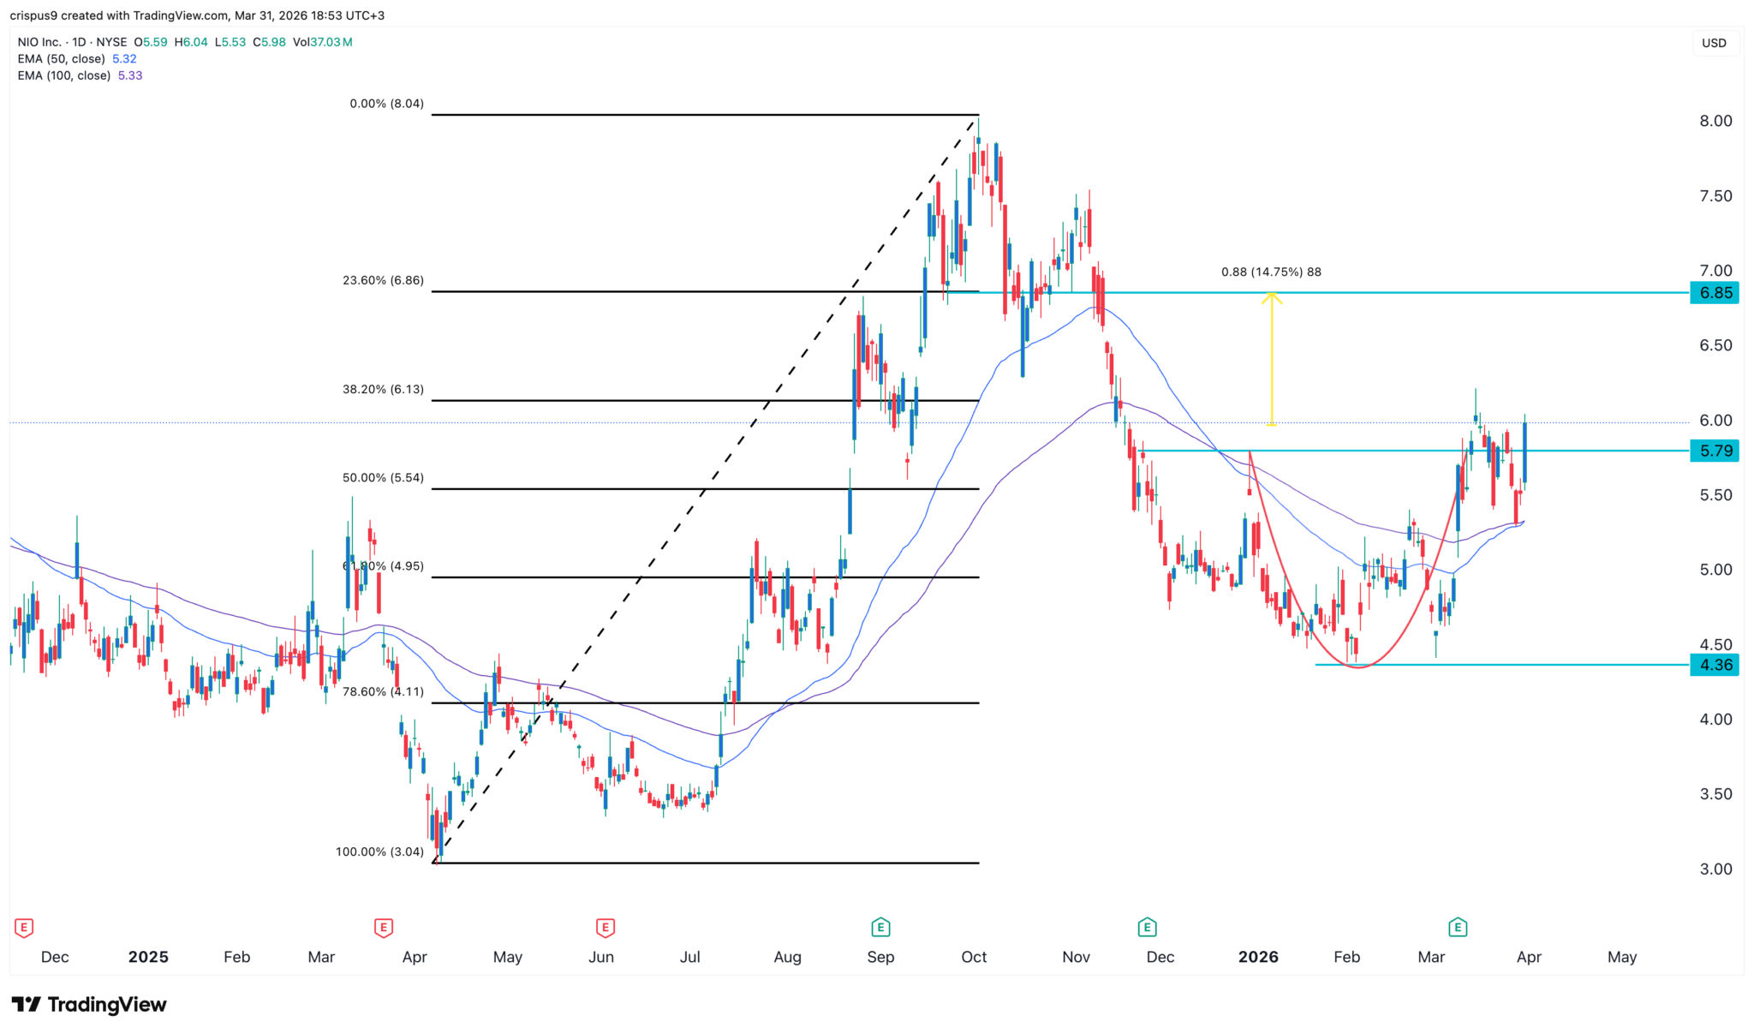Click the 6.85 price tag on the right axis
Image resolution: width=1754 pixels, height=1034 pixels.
(x=1715, y=293)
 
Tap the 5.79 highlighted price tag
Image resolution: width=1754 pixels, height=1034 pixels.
(x=1715, y=451)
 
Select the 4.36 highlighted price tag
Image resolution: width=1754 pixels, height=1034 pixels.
(x=1715, y=665)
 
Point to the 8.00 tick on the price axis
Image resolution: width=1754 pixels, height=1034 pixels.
(x=1715, y=122)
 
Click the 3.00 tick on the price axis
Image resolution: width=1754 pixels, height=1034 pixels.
(x=1715, y=870)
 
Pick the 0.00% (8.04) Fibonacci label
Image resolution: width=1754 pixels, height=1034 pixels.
(x=386, y=104)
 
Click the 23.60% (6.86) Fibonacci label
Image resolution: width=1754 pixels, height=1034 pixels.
(x=383, y=280)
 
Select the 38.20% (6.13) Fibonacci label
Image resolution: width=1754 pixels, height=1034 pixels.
(x=383, y=389)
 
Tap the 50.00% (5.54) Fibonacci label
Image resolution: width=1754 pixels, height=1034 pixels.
(x=383, y=478)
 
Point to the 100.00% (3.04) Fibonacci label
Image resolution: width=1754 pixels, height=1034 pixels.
(x=379, y=852)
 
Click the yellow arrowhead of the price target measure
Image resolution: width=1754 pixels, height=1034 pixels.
(x=1271, y=297)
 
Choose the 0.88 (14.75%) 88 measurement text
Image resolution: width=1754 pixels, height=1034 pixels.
(x=1271, y=272)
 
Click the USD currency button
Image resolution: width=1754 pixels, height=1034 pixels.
(x=1714, y=43)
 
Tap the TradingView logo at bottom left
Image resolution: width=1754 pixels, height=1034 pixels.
(x=89, y=1004)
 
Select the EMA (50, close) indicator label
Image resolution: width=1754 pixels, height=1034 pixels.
(x=62, y=59)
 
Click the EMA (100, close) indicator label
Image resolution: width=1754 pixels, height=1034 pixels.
(x=64, y=75)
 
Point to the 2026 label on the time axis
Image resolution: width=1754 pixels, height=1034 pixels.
(x=1257, y=957)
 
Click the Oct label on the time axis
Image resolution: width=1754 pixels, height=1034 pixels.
(x=974, y=957)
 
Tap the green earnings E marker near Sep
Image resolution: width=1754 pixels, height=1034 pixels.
(x=880, y=927)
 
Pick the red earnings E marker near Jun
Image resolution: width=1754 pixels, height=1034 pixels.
(x=606, y=927)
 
